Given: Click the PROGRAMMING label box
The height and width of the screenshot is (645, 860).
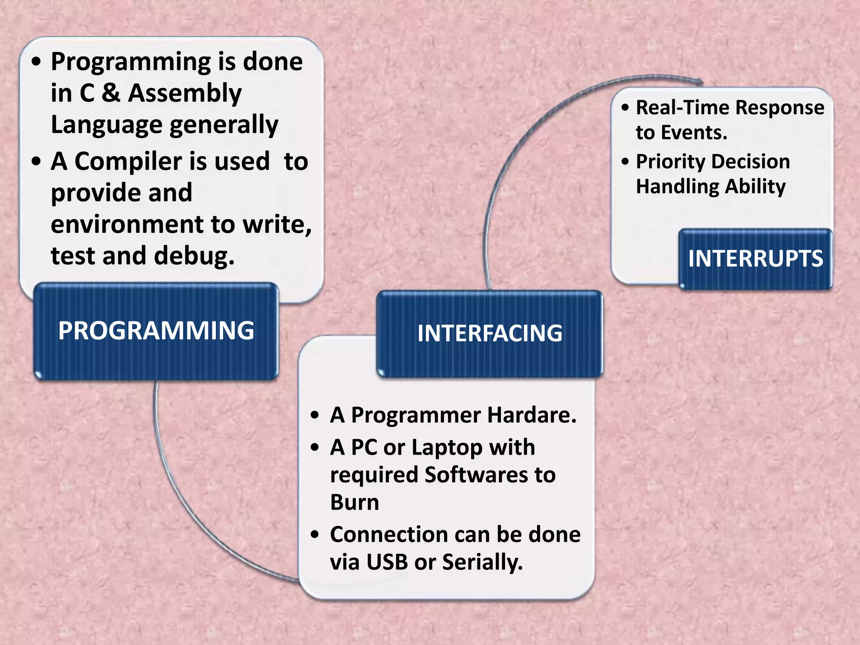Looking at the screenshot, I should tap(156, 331).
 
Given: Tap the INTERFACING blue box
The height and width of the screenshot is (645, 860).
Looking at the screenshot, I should tap(490, 334).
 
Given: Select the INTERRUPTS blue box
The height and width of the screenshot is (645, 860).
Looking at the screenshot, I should tap(755, 259).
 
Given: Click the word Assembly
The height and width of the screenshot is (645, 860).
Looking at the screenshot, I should tap(185, 93).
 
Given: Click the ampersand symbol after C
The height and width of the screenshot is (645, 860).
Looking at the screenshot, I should tap(111, 93).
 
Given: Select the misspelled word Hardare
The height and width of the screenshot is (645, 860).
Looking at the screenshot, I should tap(532, 415).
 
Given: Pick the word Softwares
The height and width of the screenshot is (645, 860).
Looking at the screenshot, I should tap(476, 475).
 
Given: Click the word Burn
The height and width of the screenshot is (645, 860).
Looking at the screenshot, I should tap(354, 502).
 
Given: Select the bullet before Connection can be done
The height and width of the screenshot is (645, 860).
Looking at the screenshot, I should tap(315, 535).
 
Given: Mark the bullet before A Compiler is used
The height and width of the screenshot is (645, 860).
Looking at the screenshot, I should tap(37, 161).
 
